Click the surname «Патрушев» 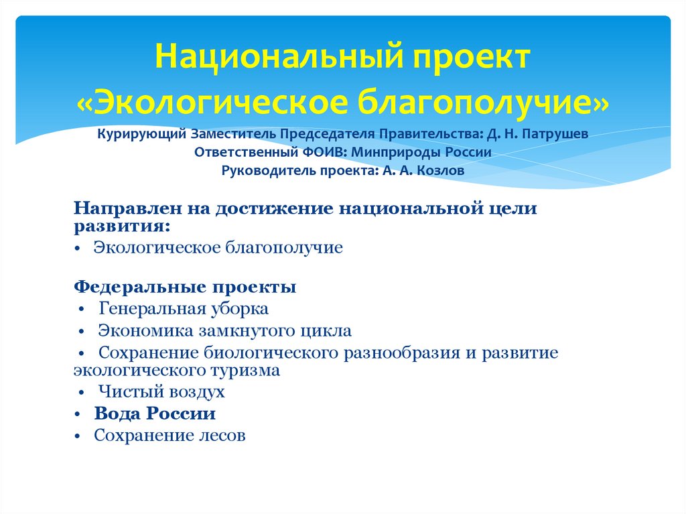click(x=557, y=133)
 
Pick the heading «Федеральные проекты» click(x=185, y=287)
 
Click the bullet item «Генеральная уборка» click(x=184, y=309)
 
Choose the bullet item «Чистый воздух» click(x=161, y=391)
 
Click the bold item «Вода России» click(x=155, y=413)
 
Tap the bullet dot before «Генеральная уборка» click(x=82, y=310)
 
